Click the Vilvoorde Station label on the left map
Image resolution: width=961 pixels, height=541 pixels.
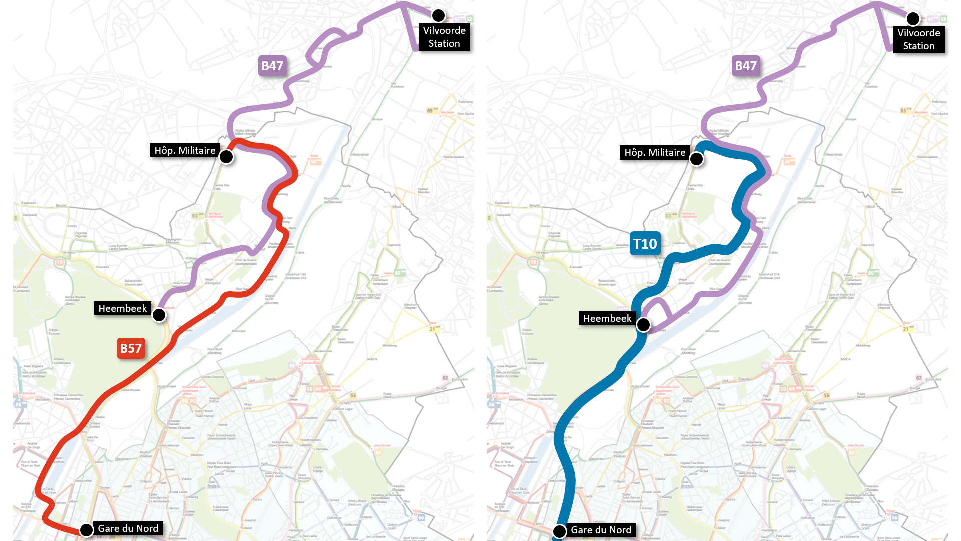[444, 37]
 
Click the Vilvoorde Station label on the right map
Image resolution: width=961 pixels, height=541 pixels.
[919, 40]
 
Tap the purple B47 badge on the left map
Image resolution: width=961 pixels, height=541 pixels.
[272, 66]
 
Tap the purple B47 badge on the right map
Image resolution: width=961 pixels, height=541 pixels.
[746, 66]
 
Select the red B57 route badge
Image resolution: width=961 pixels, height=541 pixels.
[131, 348]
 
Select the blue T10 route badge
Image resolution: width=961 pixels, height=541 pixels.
[645, 244]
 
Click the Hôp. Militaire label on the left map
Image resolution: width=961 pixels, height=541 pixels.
[185, 150]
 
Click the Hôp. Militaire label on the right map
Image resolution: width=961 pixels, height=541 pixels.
[655, 152]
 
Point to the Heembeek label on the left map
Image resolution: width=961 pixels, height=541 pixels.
[123, 308]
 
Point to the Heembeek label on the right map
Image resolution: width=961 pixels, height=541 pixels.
[607, 318]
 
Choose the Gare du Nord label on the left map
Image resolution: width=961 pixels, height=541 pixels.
[128, 528]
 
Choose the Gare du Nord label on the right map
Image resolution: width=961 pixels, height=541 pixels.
[601, 530]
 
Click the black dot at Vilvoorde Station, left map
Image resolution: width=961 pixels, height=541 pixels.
[439, 16]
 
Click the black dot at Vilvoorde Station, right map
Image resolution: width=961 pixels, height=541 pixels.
[913, 19]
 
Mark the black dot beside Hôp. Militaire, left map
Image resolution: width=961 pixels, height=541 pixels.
[226, 157]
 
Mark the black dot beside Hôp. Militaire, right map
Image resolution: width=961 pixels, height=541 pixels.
[696, 159]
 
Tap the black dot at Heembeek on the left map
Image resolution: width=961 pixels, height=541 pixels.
[159, 315]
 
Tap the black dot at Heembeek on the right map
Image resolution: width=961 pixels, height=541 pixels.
[643, 325]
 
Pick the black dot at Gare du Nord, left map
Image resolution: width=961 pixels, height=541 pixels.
[86, 529]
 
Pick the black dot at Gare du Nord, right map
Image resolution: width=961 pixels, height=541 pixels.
[559, 531]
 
